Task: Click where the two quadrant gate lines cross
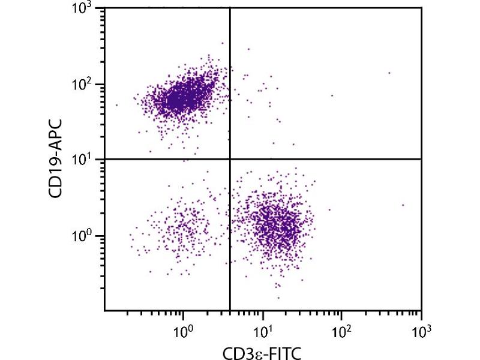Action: point(230,159)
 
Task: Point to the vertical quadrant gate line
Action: point(230,252)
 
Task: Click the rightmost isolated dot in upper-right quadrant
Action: point(389,73)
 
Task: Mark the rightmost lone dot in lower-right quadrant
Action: point(403,205)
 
